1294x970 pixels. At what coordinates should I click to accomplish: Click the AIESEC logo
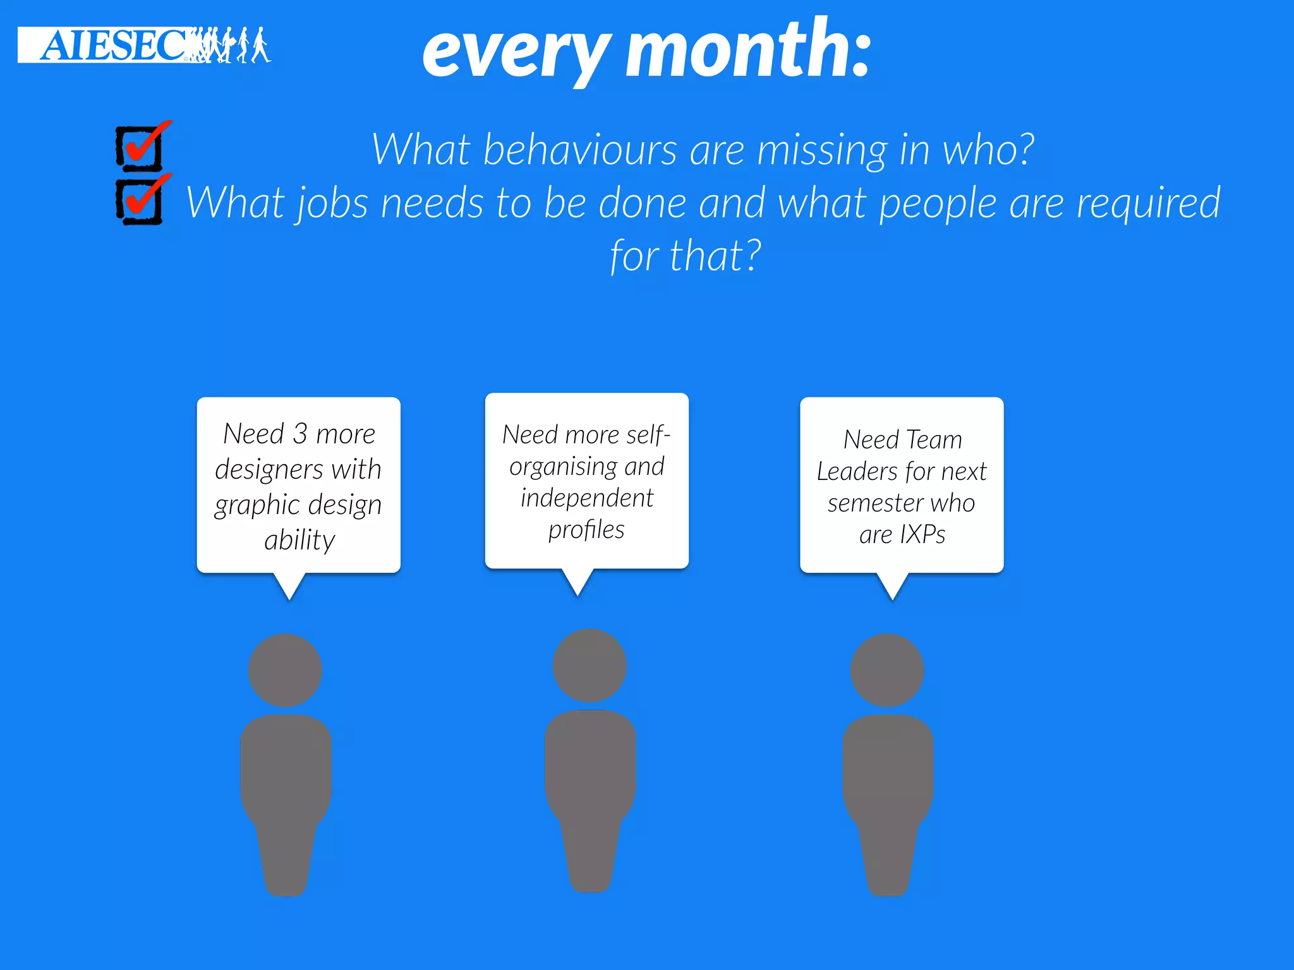click(144, 45)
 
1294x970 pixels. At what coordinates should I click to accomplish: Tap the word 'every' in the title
click(516, 53)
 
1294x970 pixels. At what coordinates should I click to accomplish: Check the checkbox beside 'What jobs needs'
click(140, 201)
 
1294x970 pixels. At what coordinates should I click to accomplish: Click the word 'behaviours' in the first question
click(580, 150)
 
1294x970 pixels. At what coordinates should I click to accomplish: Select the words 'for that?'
click(686, 256)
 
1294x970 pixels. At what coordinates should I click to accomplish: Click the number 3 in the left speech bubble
click(300, 434)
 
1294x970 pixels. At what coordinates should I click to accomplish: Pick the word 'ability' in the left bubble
click(299, 541)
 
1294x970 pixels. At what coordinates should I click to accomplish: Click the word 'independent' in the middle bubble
click(587, 498)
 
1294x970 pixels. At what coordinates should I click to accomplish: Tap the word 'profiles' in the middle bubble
click(586, 530)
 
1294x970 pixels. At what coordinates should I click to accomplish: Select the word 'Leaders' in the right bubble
click(857, 472)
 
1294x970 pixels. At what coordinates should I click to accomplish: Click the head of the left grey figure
click(285, 670)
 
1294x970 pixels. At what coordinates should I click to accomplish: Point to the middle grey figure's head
click(590, 665)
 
